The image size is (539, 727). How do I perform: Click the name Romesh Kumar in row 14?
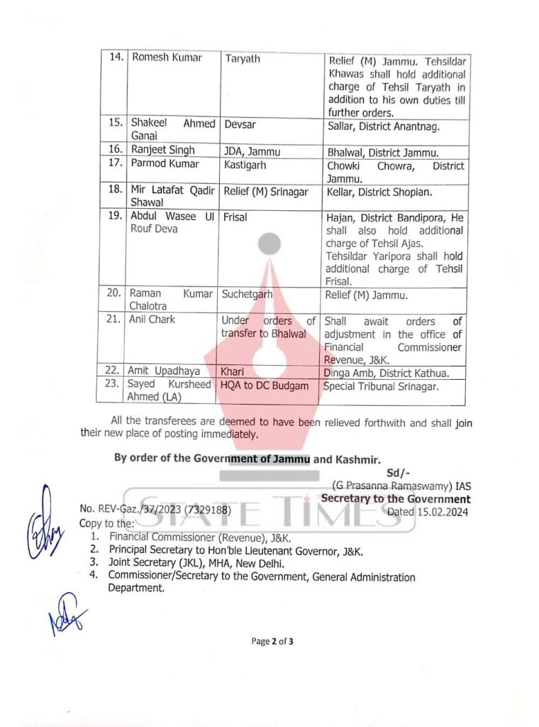pyautogui.click(x=167, y=58)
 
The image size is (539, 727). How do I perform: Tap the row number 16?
pyautogui.click(x=115, y=151)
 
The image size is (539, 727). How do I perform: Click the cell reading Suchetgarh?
pyautogui.click(x=247, y=293)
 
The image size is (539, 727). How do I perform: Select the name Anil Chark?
pyautogui.click(x=152, y=319)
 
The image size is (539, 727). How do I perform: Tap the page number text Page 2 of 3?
pyautogui.click(x=272, y=642)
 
